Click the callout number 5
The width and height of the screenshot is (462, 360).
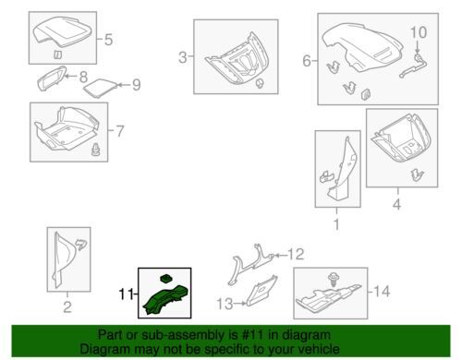(108, 40)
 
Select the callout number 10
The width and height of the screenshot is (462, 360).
(419, 32)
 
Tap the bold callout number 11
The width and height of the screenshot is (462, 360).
(126, 294)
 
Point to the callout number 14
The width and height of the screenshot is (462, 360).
(382, 291)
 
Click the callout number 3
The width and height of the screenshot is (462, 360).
(183, 57)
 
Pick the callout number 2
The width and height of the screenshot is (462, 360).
(67, 306)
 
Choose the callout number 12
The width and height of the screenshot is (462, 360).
(296, 254)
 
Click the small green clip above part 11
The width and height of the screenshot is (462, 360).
(165, 279)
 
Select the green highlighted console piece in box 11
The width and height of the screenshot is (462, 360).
(165, 300)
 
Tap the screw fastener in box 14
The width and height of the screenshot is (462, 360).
(332, 280)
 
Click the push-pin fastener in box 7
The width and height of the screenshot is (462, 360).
(96, 150)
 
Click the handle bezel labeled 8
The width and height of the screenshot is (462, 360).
(51, 78)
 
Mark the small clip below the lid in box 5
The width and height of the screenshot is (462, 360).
(57, 54)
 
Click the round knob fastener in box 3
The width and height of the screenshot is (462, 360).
(261, 83)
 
